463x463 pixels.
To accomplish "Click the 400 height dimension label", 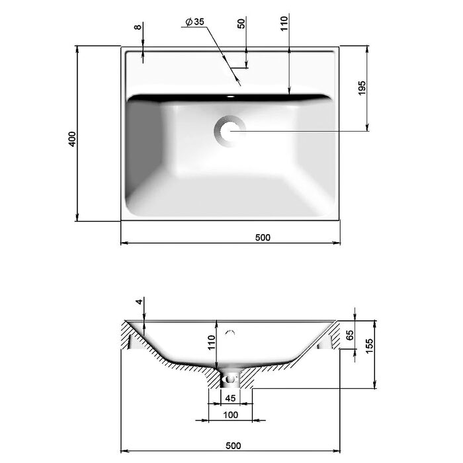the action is pos(72,140).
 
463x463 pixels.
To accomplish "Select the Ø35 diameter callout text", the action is pos(195,22).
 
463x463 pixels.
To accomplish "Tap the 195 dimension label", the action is pos(362,88).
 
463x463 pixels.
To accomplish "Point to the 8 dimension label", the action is pos(138,27).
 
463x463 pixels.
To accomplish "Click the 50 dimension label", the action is pos(241,23).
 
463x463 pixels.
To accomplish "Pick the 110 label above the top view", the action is pos(284,24).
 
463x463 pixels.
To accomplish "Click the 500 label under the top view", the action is pos(263,237).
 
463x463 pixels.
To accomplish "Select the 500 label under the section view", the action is pos(233,446).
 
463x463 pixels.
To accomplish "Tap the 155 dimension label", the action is pos(369,346).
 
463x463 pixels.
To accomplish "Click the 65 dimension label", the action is pos(350,335).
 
